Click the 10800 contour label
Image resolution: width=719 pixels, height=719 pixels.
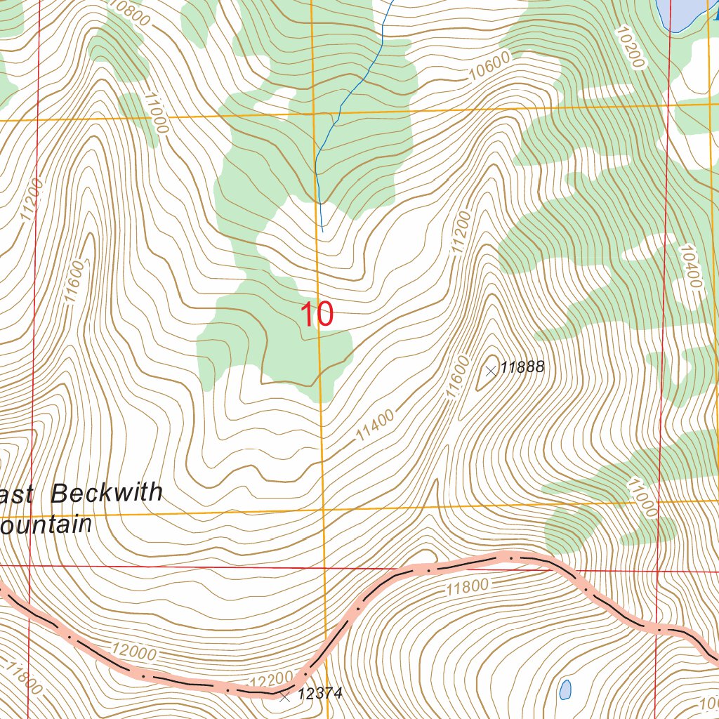pos(130,13)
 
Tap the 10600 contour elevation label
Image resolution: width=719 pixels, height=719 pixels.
pos(490,67)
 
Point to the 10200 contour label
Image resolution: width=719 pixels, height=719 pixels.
pos(629,47)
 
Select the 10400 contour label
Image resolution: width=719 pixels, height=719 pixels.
pos(690,267)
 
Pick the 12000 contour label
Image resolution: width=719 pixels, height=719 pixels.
pos(133,652)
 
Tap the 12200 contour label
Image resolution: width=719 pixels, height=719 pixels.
pos(270,678)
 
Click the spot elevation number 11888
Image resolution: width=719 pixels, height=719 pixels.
pos(522,367)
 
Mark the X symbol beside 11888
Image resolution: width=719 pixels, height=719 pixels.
pos(491,370)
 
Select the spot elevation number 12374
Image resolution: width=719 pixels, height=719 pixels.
pos(319,694)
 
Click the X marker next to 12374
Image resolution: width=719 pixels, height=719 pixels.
pos(284,697)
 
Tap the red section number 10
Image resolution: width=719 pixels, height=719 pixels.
pos(316,315)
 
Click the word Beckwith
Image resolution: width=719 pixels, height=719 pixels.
pos(107,493)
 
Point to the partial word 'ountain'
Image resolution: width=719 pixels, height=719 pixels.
pos(46,525)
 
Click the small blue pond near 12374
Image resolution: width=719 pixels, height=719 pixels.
pos(565,689)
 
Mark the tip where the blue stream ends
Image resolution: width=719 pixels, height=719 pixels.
pos(322,230)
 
